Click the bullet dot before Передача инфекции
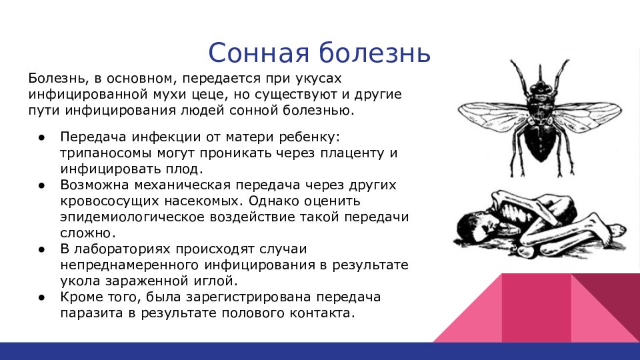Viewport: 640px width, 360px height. pos(41,137)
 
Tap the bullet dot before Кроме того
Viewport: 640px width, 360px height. pos(41,298)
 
